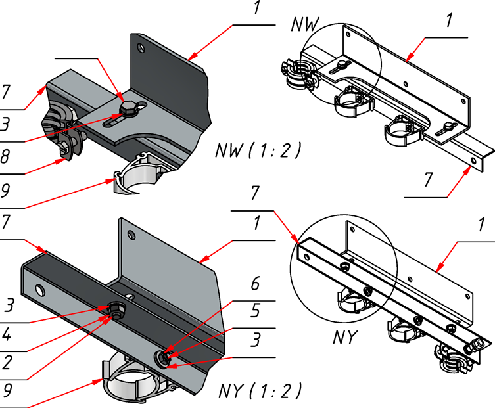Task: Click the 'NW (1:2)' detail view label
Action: click(x=258, y=151)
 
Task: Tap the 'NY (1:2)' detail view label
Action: click(x=260, y=392)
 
